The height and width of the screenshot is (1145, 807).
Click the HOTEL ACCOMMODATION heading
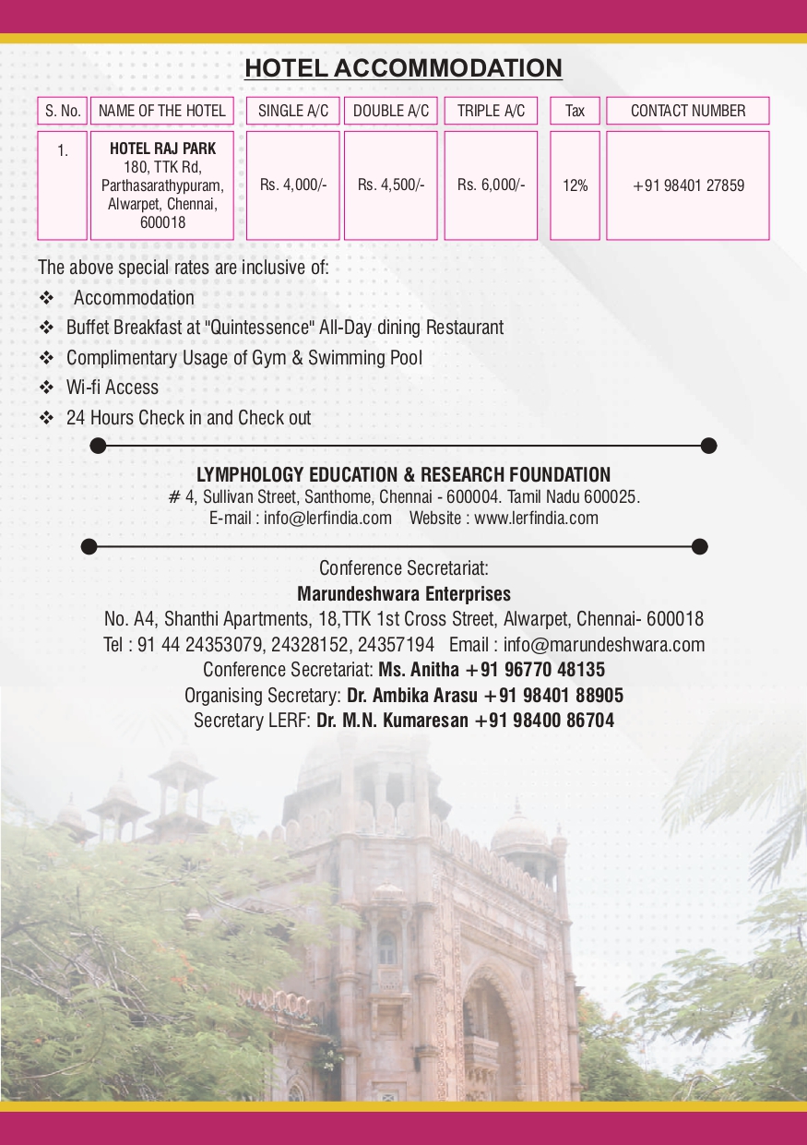(x=403, y=68)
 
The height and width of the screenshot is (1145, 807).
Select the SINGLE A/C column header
(x=292, y=111)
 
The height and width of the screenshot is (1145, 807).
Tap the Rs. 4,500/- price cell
(x=391, y=185)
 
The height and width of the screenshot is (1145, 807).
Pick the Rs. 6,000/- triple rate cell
(x=491, y=185)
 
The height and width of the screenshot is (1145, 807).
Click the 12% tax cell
(x=575, y=185)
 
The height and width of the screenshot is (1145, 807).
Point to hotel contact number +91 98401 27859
(x=688, y=185)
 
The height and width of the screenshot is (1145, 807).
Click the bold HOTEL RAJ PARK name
(x=162, y=148)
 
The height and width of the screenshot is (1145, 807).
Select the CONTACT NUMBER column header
(x=688, y=111)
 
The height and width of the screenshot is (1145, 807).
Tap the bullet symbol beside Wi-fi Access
(x=46, y=388)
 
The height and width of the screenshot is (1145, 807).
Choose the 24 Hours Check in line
(x=188, y=418)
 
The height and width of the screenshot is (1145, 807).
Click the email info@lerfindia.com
(x=327, y=518)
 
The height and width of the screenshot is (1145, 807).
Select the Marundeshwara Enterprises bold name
(x=403, y=593)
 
